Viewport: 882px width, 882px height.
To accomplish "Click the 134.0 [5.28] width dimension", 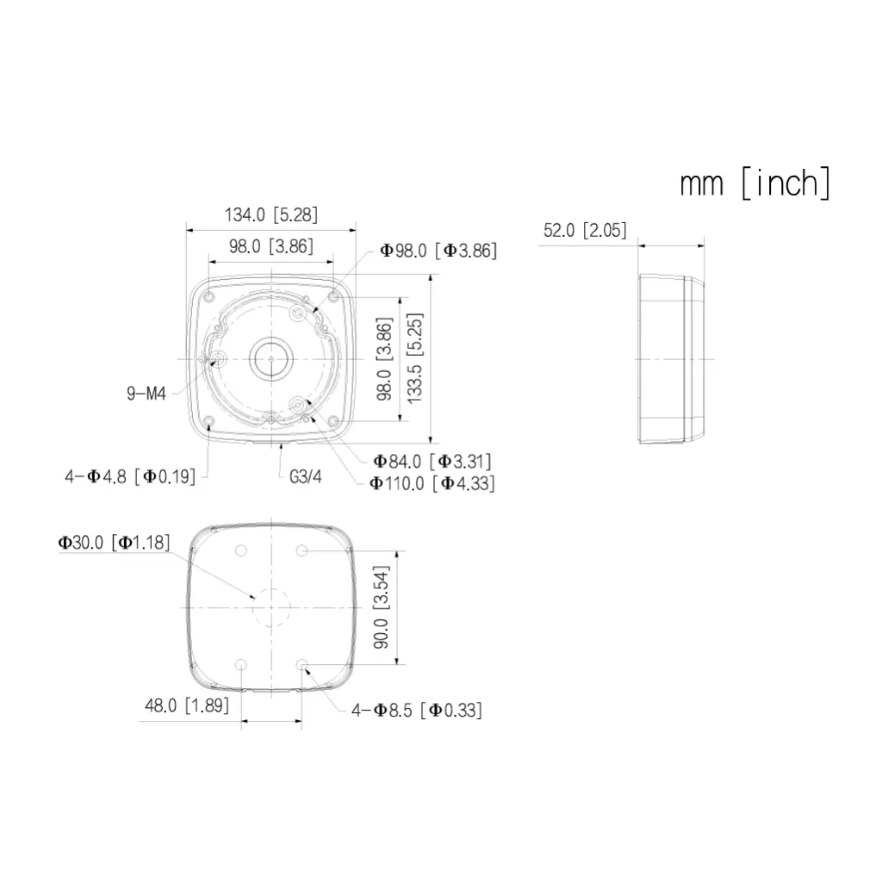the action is click(x=271, y=214).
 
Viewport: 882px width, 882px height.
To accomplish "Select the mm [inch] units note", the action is click(x=755, y=183).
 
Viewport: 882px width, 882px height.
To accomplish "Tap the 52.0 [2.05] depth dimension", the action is click(x=585, y=230).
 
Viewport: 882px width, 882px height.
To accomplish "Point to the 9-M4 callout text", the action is click(x=146, y=393).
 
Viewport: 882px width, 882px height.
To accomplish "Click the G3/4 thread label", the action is click(x=306, y=477).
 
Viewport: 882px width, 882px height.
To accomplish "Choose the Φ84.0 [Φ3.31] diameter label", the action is click(x=432, y=462).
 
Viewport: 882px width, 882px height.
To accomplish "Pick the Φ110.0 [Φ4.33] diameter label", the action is click(x=432, y=483).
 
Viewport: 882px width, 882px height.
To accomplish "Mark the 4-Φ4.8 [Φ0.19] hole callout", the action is click(x=130, y=477).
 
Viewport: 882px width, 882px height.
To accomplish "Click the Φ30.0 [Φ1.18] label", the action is click(x=115, y=543).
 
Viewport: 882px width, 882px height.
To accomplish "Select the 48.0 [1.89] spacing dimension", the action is click(x=187, y=705).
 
